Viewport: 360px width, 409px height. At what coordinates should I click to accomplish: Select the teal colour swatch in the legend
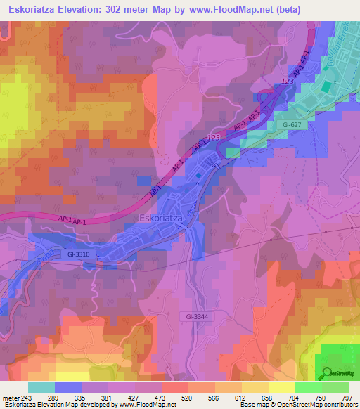41,387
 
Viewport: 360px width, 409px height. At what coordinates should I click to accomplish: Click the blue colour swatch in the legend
68,387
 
